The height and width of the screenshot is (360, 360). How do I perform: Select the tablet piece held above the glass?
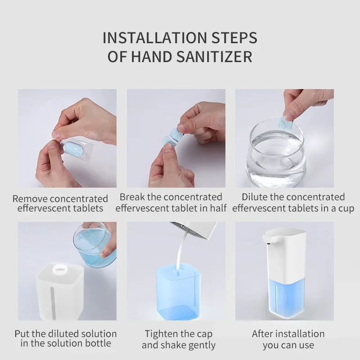point(285,122)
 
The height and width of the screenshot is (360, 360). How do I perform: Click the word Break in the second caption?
point(133,197)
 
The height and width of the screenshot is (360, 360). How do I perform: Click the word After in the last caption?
point(264,334)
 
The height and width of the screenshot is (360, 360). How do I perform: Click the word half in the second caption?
point(216,208)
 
